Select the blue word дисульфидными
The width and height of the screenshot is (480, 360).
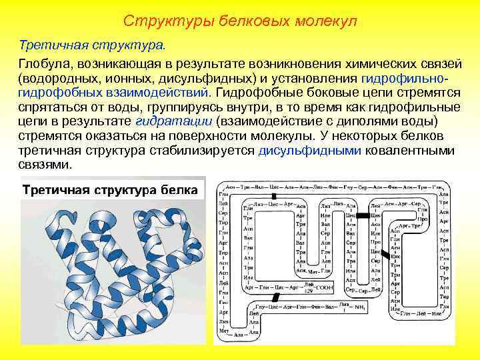[310, 151]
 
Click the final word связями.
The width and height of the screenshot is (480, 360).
[43, 165]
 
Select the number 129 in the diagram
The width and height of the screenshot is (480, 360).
[308, 291]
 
